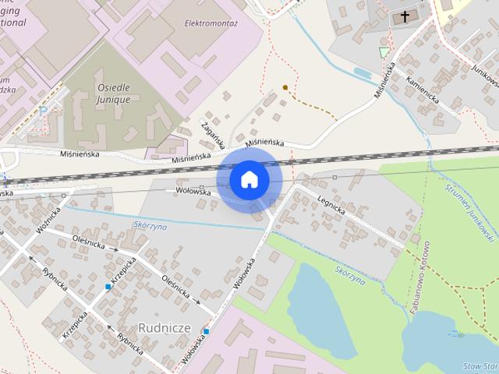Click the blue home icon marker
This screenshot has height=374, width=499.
249,179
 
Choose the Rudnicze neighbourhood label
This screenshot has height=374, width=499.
165,326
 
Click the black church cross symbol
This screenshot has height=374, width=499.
405,16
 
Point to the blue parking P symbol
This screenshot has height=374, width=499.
44,111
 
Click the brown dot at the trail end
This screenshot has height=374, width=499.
285,86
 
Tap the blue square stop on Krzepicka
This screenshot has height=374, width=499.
108,287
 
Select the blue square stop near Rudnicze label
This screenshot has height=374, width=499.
206,331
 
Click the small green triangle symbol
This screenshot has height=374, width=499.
382,52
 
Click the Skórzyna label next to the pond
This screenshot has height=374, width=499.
349,274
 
